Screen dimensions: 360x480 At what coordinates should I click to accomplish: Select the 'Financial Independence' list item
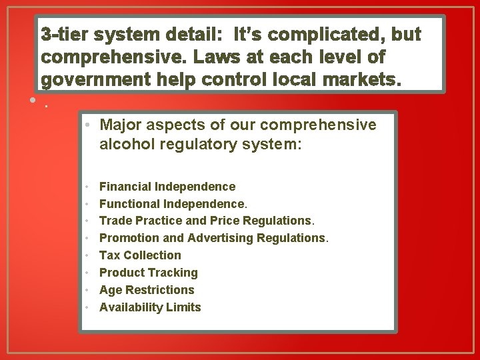167,187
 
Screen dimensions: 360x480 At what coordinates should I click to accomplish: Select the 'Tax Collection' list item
140,255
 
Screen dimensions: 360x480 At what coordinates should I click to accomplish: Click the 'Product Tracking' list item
149,273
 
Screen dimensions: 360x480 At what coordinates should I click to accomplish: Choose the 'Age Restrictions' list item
147,290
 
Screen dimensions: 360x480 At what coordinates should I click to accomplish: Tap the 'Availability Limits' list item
150,307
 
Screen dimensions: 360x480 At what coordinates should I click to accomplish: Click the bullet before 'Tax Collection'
88,255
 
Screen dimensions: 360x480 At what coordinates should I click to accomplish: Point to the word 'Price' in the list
225,221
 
